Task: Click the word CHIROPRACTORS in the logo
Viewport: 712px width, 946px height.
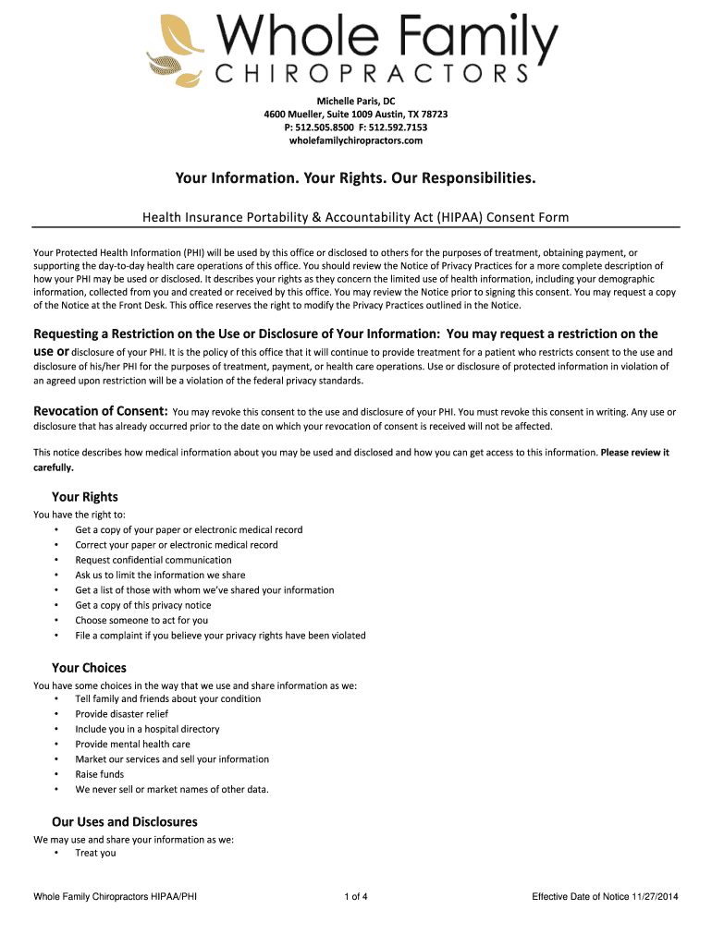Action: point(373,73)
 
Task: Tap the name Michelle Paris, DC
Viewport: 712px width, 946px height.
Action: point(356,101)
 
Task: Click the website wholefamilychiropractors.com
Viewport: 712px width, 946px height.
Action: point(356,140)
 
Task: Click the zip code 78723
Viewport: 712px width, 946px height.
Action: point(430,115)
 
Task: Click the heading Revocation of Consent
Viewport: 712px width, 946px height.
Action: point(101,411)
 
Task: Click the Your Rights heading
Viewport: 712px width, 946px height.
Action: point(85,497)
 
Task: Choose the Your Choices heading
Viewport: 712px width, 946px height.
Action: point(89,668)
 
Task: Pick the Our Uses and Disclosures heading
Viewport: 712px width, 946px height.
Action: point(125,822)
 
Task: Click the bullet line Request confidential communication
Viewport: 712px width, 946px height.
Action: point(153,560)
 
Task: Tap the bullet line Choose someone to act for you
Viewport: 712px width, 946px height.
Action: point(141,620)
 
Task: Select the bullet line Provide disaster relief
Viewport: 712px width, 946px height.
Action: point(122,714)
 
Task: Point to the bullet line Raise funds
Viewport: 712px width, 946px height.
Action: point(100,774)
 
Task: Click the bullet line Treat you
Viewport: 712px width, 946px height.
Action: point(96,853)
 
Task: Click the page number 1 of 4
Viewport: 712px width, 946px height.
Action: point(356,897)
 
